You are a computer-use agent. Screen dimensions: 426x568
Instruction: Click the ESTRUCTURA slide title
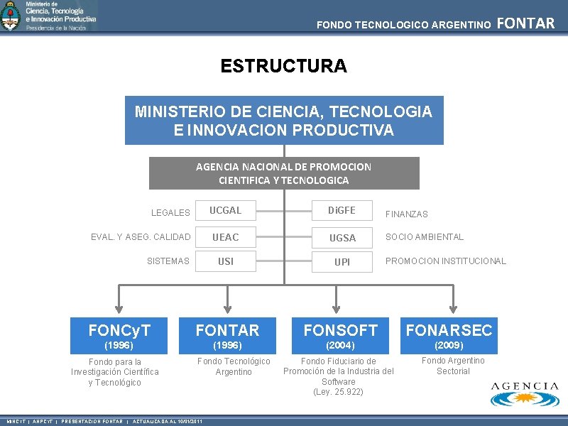tap(283, 66)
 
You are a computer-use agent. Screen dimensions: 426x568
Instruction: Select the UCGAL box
tap(225, 211)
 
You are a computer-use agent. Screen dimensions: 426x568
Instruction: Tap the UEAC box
tap(225, 237)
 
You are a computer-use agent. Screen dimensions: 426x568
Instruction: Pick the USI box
tap(225, 261)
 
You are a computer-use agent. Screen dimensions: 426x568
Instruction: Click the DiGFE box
tap(342, 211)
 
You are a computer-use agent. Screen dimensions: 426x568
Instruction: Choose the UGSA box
tap(342, 237)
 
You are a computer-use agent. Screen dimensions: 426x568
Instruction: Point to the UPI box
tap(342, 261)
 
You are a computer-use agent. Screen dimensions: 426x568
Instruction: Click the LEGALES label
tap(170, 212)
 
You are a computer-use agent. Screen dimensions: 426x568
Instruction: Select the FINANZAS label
tap(406, 214)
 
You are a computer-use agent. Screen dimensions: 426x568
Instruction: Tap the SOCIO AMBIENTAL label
tap(424, 237)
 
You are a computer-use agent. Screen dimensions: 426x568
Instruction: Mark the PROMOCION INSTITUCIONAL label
tap(445, 261)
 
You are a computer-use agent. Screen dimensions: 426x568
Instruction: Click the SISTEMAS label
tap(168, 261)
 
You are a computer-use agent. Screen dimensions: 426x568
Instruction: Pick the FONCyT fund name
tap(119, 330)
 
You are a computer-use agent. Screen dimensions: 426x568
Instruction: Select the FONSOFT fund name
tap(341, 330)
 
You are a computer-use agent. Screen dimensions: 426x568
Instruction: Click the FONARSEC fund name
tap(449, 330)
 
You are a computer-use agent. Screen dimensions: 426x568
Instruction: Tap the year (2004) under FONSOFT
tap(341, 346)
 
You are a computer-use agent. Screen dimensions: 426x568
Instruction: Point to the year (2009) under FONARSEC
tap(449, 346)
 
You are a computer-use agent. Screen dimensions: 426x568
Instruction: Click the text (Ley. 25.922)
tap(338, 392)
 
